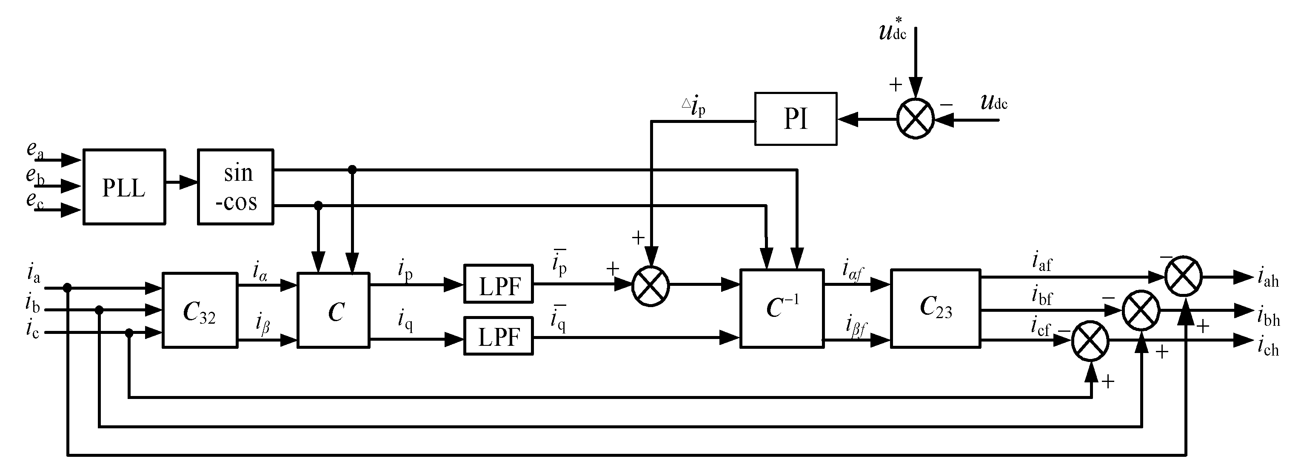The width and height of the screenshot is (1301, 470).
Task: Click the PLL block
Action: (124, 187)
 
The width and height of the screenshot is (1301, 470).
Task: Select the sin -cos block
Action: (235, 187)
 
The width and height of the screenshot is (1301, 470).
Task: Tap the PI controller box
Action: (796, 119)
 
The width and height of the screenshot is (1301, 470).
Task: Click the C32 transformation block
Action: (200, 310)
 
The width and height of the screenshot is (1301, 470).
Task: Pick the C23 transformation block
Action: (936, 308)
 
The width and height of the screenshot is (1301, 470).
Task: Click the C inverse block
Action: (781, 308)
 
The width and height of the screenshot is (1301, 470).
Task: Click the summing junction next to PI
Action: (915, 119)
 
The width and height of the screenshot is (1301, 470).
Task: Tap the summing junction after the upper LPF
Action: (650, 286)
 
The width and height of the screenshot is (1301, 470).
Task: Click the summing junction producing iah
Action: (1183, 276)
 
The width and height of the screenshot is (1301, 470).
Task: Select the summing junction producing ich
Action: (1090, 341)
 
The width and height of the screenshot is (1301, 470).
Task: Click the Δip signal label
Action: (693, 108)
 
